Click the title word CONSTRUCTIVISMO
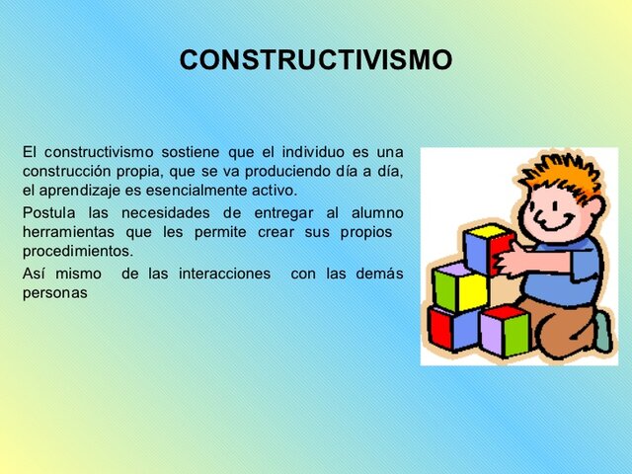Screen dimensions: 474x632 pos(316,60)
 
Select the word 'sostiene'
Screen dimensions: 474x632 pos(190,152)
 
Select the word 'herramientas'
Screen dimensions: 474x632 pos(67,232)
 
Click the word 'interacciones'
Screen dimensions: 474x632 pos(224,274)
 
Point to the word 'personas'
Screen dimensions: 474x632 pos(55,293)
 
